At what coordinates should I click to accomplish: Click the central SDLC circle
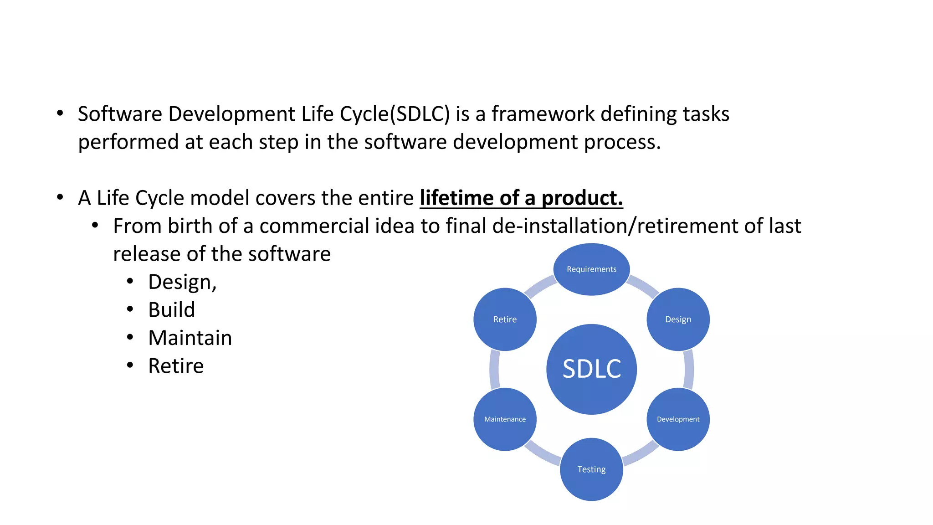pos(591,369)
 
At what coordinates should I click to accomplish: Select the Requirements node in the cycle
pos(591,269)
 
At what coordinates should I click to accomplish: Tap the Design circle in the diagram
pos(678,319)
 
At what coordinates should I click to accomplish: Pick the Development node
pos(678,419)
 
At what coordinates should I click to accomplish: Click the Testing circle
pos(591,469)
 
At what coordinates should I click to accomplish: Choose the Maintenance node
pos(505,419)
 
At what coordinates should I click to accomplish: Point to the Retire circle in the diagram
pos(505,319)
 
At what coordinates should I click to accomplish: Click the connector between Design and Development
pos(689,369)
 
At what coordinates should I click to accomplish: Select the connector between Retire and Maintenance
pos(494,369)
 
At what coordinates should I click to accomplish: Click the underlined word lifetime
pos(456,198)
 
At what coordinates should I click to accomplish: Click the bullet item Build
pos(171,310)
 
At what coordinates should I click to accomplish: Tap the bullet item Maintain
pos(190,338)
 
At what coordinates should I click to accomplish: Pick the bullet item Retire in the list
pos(176,366)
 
